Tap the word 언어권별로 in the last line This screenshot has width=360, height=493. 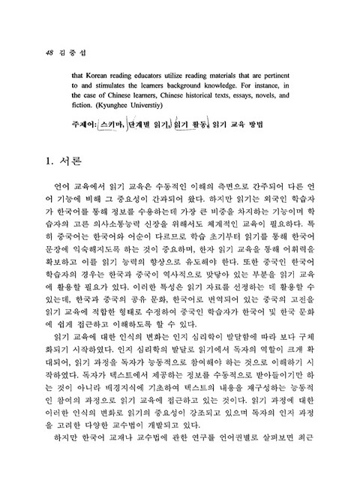pos(239,458)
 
